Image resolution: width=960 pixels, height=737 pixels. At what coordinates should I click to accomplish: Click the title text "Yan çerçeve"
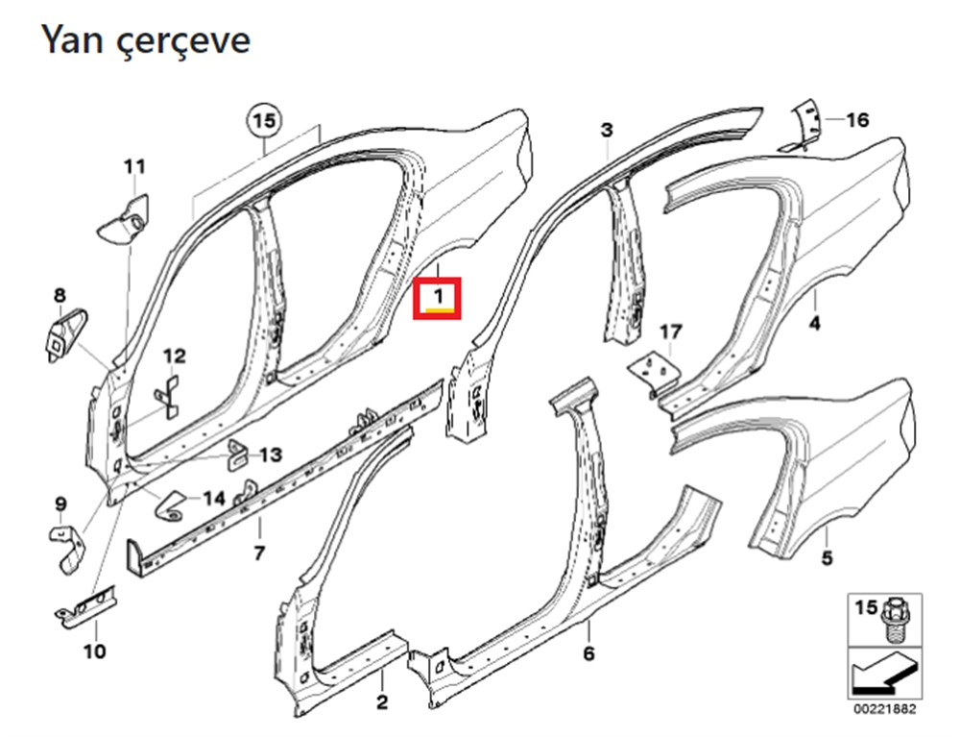click(x=146, y=41)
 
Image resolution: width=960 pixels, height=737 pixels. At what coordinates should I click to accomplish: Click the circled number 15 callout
click(x=265, y=121)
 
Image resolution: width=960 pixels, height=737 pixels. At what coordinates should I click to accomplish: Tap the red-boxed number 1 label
click(x=437, y=298)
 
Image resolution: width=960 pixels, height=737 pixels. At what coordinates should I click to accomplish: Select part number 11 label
click(x=134, y=166)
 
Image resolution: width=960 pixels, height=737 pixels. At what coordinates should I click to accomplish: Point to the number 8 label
click(x=60, y=295)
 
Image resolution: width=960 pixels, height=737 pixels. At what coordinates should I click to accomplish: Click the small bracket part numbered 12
click(x=167, y=398)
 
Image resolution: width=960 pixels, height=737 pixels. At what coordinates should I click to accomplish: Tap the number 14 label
click(x=214, y=499)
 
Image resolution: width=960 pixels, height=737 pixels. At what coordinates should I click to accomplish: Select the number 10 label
click(x=95, y=651)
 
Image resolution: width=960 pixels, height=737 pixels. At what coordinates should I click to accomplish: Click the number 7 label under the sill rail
click(x=259, y=553)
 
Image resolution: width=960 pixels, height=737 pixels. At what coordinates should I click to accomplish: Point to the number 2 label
click(x=382, y=702)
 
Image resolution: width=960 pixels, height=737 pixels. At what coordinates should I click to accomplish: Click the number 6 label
click(x=588, y=653)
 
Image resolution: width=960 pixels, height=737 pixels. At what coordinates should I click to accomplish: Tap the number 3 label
click(x=606, y=130)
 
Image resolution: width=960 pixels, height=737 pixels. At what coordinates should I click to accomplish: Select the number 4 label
click(x=815, y=323)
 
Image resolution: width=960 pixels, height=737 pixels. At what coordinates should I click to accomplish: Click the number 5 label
click(x=828, y=558)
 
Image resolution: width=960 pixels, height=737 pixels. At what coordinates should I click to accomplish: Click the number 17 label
click(x=671, y=332)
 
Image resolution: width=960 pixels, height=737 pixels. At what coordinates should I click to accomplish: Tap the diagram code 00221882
click(x=885, y=709)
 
